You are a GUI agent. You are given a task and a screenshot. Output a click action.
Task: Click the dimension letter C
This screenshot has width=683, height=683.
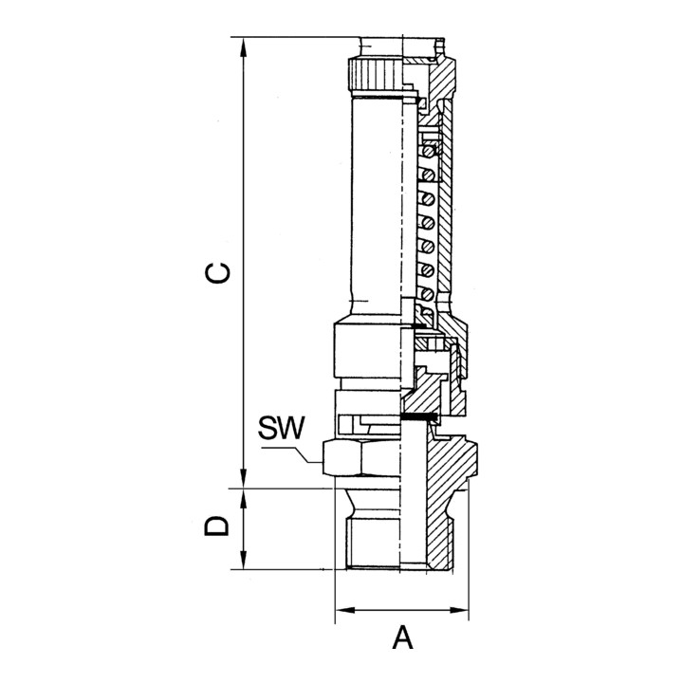tap(218, 272)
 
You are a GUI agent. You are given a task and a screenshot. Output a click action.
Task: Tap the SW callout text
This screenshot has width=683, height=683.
tap(282, 430)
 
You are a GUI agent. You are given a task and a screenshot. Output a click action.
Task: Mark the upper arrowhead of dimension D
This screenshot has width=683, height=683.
tap(245, 496)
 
